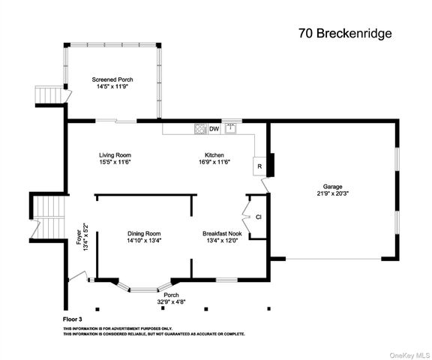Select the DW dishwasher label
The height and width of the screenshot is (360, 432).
(214, 129)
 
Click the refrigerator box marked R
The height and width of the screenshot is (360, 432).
(259, 166)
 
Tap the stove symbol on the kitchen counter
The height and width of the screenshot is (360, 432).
(200, 128)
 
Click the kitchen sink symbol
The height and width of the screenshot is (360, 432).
(231, 128)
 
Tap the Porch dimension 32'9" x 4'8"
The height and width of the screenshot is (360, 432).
(170, 301)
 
